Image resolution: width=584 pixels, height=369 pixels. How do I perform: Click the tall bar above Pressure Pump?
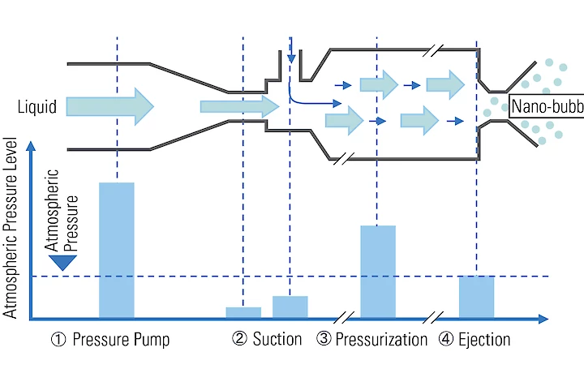116,250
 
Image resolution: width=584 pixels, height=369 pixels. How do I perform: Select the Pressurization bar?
378,271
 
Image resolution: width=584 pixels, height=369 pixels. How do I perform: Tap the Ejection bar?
476,297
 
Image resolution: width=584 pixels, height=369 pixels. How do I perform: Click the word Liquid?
36,105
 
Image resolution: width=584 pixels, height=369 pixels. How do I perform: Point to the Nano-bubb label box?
546,105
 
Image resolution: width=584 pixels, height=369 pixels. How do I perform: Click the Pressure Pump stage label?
121,340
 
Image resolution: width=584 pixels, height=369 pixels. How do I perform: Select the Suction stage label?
277,340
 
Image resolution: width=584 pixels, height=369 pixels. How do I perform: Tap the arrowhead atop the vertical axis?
31,146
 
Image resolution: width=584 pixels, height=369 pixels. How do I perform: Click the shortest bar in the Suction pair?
243,312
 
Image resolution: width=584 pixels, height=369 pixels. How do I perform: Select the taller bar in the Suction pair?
290,307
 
